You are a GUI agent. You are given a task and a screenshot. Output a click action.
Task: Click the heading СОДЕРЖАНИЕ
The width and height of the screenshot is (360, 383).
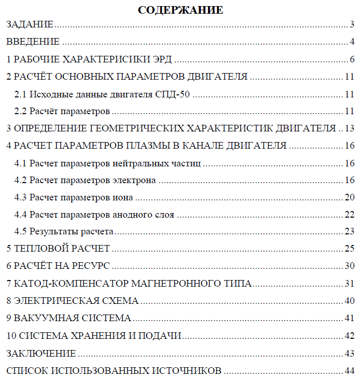pyautogui.click(x=180, y=10)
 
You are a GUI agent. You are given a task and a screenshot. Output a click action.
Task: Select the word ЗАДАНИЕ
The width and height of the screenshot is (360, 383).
pyautogui.click(x=29, y=24)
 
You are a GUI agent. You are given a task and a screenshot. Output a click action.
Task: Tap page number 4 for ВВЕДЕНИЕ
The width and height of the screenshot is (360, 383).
pyautogui.click(x=351, y=42)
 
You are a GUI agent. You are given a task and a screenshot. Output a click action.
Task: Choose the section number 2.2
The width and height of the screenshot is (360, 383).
pyautogui.click(x=21, y=111)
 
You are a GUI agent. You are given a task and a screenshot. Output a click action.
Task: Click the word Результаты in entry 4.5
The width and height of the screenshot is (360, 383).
pyautogui.click(x=52, y=232)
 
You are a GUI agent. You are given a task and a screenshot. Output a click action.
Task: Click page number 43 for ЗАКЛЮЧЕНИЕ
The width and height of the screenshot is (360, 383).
pyautogui.click(x=349, y=353)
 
